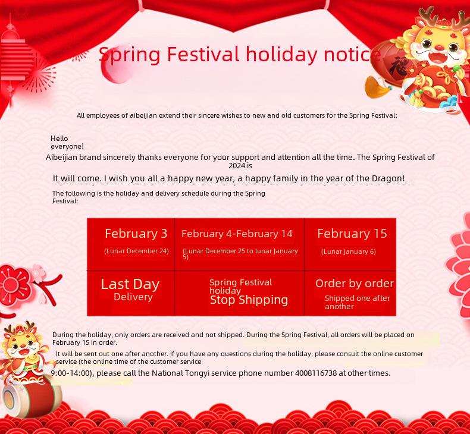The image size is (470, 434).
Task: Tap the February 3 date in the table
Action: pyautogui.click(x=136, y=234)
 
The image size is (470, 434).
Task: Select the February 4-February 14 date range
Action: pyautogui.click(x=237, y=234)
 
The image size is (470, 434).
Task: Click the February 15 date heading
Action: pyautogui.click(x=352, y=234)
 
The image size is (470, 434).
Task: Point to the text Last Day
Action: pyautogui.click(x=130, y=284)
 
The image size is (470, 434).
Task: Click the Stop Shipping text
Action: pyautogui.click(x=249, y=300)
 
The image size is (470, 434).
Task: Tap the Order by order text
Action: pyautogui.click(x=355, y=284)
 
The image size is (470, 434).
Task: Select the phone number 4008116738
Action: pyautogui.click(x=316, y=373)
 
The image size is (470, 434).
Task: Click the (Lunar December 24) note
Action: pyautogui.click(x=136, y=251)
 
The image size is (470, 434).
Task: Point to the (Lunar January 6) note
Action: pyautogui.click(x=348, y=251)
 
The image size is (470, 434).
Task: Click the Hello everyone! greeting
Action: pyautogui.click(x=67, y=142)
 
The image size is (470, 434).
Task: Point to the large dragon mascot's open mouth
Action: pyautogui.click(x=438, y=56)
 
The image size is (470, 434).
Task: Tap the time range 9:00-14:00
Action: pyautogui.click(x=70, y=373)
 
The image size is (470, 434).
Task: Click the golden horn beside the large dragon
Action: pyautogui.click(x=376, y=87)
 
